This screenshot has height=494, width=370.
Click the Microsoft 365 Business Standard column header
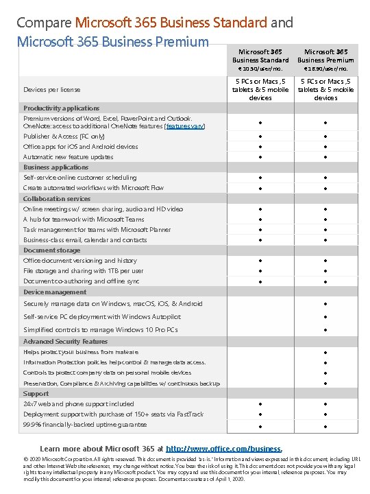coord(260,56)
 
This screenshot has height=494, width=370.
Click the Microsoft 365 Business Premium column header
coord(325,56)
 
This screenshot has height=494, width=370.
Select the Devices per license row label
coord(52,89)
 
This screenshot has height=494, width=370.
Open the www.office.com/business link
coord(224,448)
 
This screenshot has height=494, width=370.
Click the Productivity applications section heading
coord(62,108)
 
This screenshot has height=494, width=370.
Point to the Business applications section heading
coord(56,167)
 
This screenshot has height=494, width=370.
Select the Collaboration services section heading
coord(58,198)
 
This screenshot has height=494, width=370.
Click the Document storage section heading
coord(52,250)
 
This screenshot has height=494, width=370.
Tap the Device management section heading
coord(56,292)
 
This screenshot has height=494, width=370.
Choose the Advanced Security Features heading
coord(66,341)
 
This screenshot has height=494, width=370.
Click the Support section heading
coord(36,394)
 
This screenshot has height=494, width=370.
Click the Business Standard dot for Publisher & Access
coord(260,137)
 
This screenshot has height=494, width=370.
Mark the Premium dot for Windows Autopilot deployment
coord(326,317)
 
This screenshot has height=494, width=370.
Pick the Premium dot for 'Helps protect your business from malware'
coord(326,352)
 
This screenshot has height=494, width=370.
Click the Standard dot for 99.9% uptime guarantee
coord(260,425)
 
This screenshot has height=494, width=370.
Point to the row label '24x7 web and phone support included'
coord(79,404)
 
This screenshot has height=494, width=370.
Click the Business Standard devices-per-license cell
coord(260,90)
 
